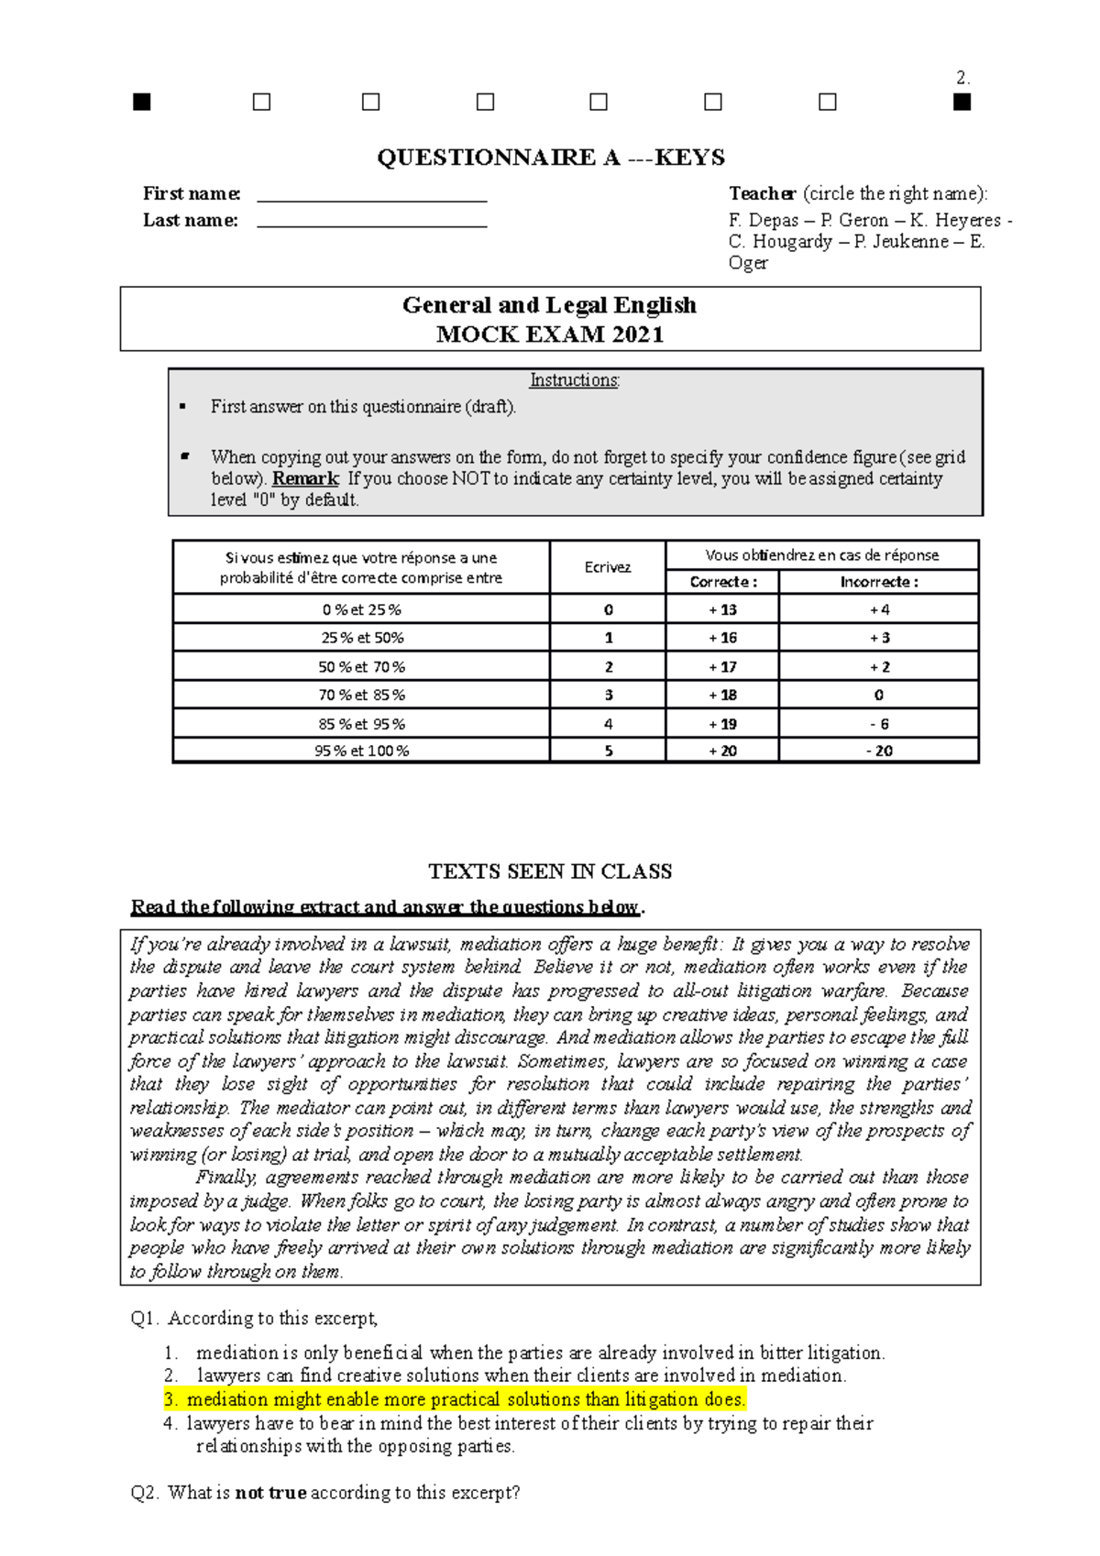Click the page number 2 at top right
962,78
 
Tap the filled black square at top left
141,103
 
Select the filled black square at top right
961,103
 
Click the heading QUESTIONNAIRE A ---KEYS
551,158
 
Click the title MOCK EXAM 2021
550,334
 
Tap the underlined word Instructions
575,380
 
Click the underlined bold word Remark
306,478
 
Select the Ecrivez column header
608,567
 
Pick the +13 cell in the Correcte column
722,609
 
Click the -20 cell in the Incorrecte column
879,751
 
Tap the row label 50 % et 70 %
361,667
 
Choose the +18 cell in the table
722,695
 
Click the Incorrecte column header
879,582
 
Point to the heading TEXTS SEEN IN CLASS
551,871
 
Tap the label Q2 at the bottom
145,1493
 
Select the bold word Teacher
762,193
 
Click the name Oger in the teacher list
748,263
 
